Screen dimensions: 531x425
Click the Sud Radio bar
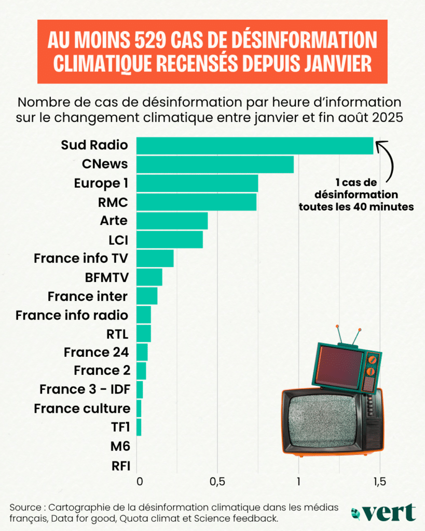[254, 146]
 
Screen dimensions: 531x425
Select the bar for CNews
[215, 164]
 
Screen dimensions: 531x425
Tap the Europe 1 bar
[197, 183]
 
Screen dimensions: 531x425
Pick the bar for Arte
[172, 220]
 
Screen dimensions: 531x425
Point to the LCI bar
[169, 240]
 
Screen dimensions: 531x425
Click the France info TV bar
[155, 258]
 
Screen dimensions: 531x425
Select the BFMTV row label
[106, 277]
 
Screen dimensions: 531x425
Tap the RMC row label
[113, 202]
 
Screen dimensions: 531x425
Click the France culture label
[82, 408]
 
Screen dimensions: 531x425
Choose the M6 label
[120, 445]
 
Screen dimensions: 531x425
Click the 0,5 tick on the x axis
[217, 481]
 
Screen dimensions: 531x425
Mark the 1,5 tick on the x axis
[379, 481]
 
